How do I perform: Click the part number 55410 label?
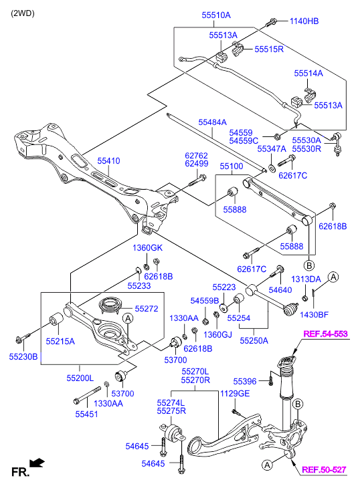coord(108,161)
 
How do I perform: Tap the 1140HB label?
coord(304,21)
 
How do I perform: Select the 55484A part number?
coord(213,122)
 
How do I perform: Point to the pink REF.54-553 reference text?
coord(325,334)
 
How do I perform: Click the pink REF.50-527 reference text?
coord(324,469)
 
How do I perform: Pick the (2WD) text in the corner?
coord(23,13)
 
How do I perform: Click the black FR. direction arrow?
coord(37,463)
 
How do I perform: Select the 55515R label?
coord(269,49)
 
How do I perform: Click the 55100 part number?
coord(232,166)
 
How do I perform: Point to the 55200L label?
coord(80,378)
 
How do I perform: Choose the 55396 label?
coord(245,381)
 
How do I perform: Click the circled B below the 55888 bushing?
coord(308,265)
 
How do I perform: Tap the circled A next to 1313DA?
coord(333,277)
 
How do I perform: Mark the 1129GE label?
coord(235,393)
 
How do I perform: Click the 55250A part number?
coord(254,341)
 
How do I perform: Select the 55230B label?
coord(23,357)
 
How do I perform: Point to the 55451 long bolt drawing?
coord(87,396)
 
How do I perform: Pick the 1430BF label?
coord(314,315)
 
